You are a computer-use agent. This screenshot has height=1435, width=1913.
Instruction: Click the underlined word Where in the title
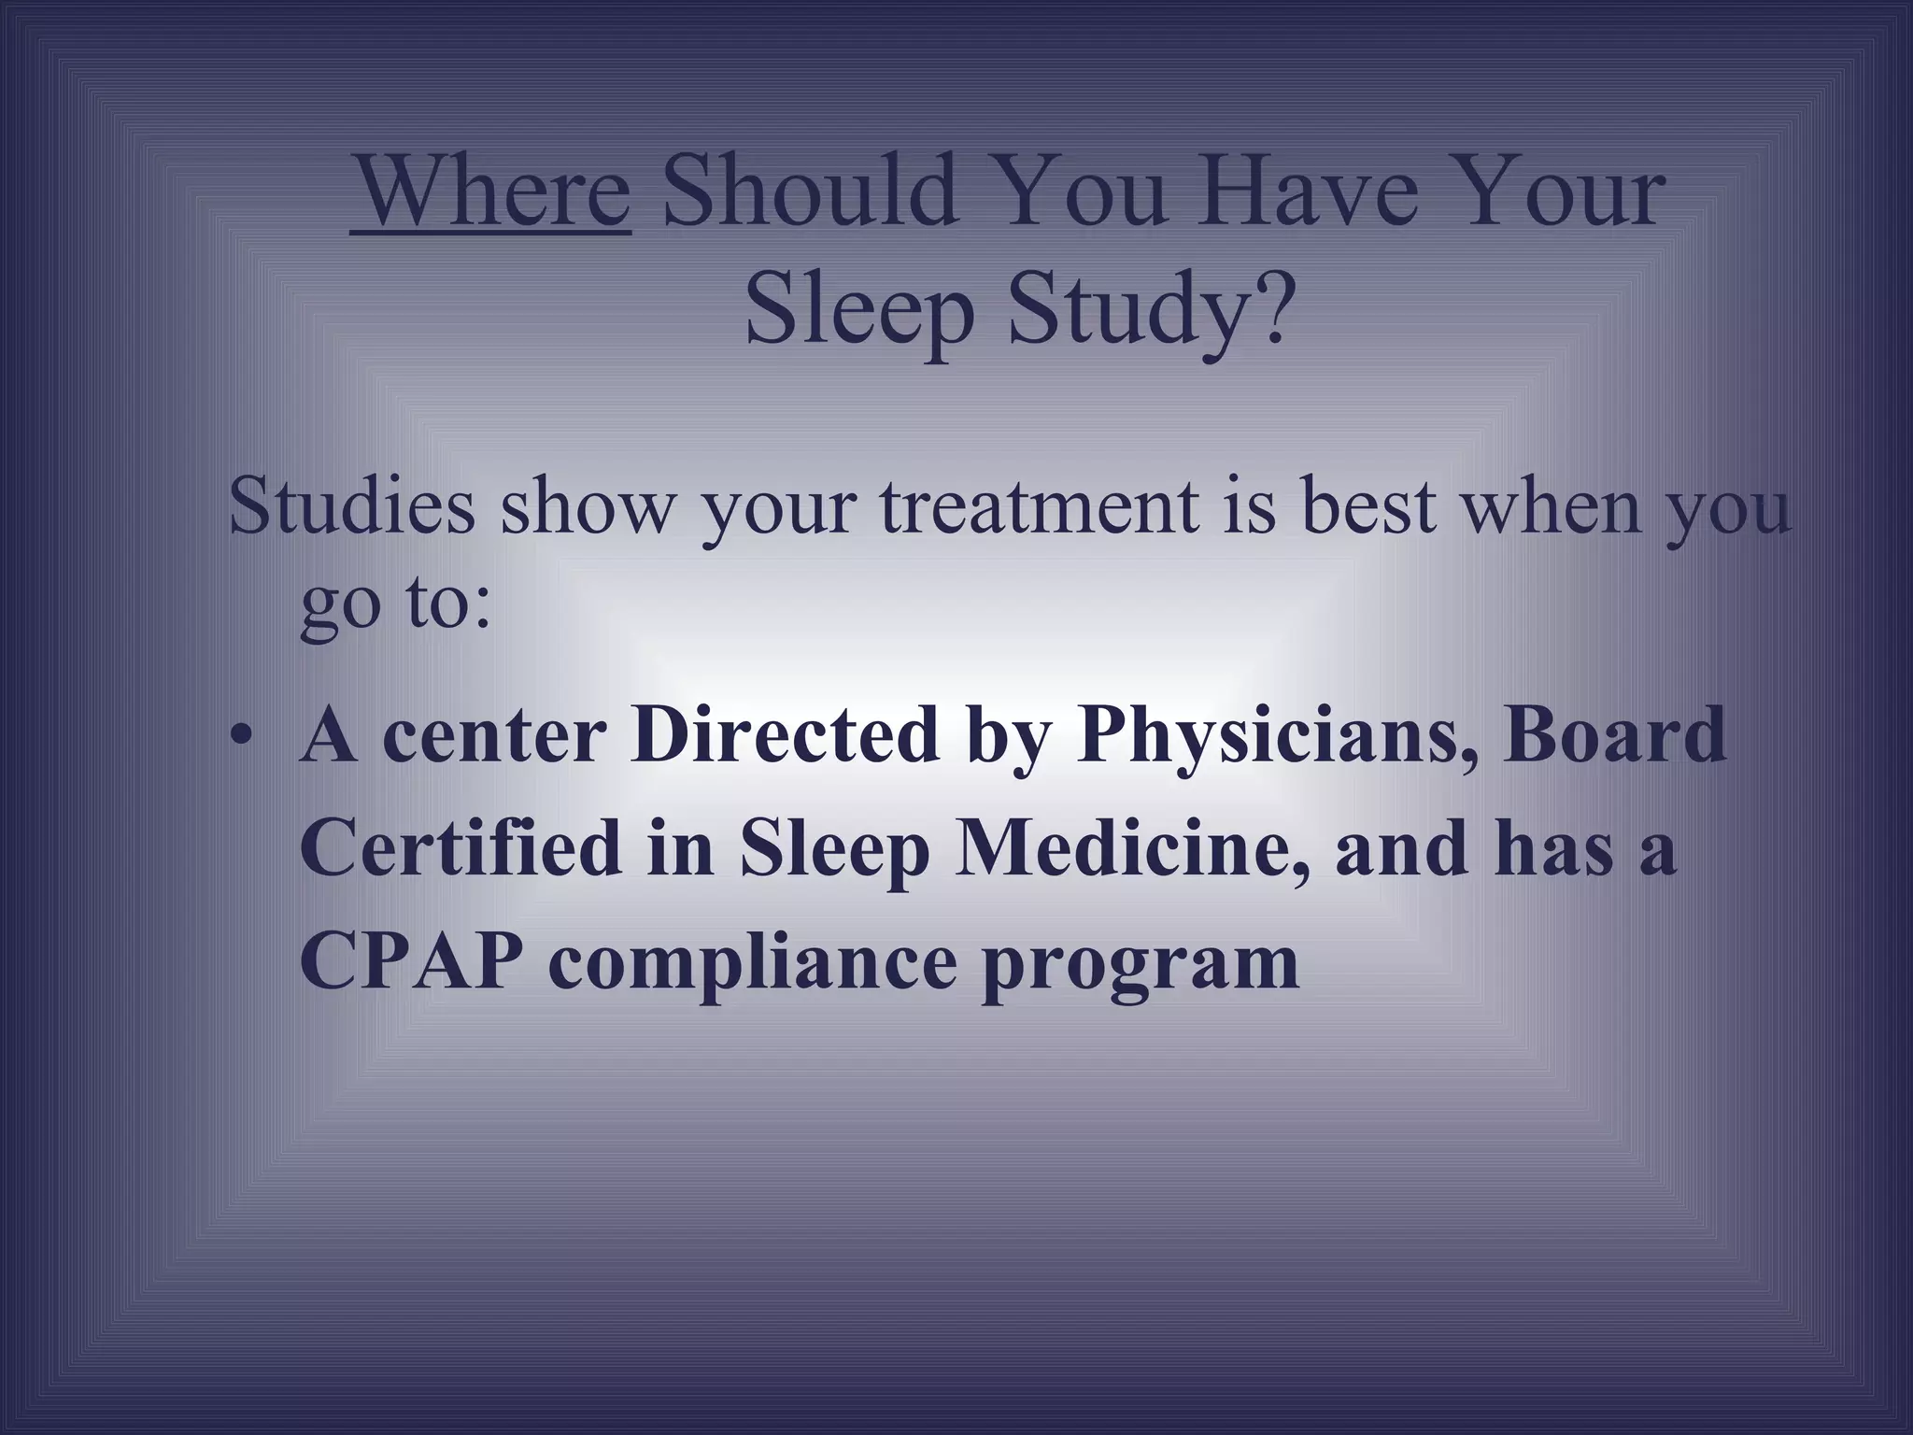click(491, 192)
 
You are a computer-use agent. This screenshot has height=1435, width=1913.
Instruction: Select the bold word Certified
click(461, 848)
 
